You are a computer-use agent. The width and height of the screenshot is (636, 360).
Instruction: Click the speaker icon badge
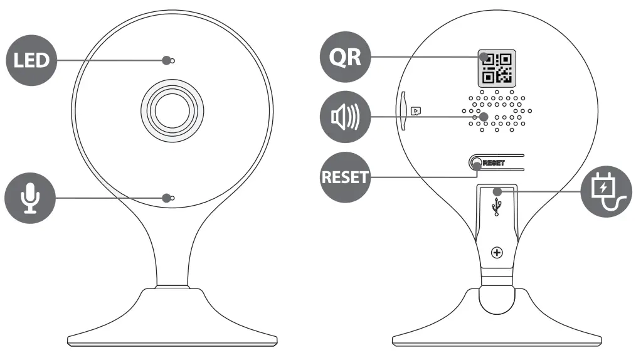pos(346,117)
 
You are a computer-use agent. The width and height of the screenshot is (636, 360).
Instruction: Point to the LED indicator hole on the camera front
pos(172,61)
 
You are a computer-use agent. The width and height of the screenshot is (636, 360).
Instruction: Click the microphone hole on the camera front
pos(172,199)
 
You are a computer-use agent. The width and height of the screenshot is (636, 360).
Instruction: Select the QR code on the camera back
pos(497,68)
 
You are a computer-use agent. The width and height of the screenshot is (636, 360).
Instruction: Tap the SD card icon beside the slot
pos(415,110)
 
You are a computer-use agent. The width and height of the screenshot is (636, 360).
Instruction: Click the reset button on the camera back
pos(475,162)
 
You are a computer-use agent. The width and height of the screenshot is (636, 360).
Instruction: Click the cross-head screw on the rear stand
pos(497,253)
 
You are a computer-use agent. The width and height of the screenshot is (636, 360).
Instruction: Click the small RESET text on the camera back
pos(494,162)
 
